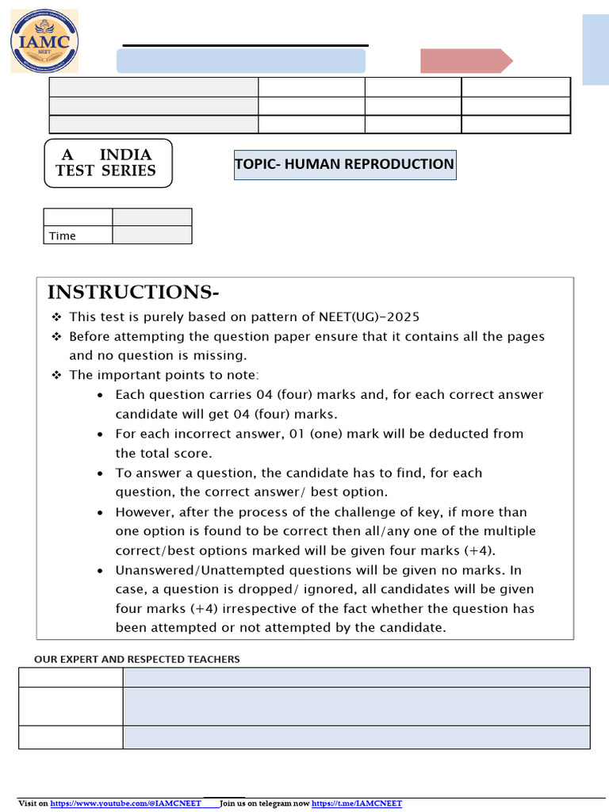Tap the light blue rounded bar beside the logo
tap(241, 61)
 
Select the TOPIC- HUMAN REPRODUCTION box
tap(344, 164)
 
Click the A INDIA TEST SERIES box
tap(108, 163)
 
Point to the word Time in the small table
tap(63, 236)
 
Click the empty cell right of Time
tap(151, 235)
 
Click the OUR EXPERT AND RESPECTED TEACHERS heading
tap(136, 659)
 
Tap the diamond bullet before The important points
tap(57, 375)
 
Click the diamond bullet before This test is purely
tap(57, 317)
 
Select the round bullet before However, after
tap(99, 512)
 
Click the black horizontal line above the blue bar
tap(246, 45)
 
